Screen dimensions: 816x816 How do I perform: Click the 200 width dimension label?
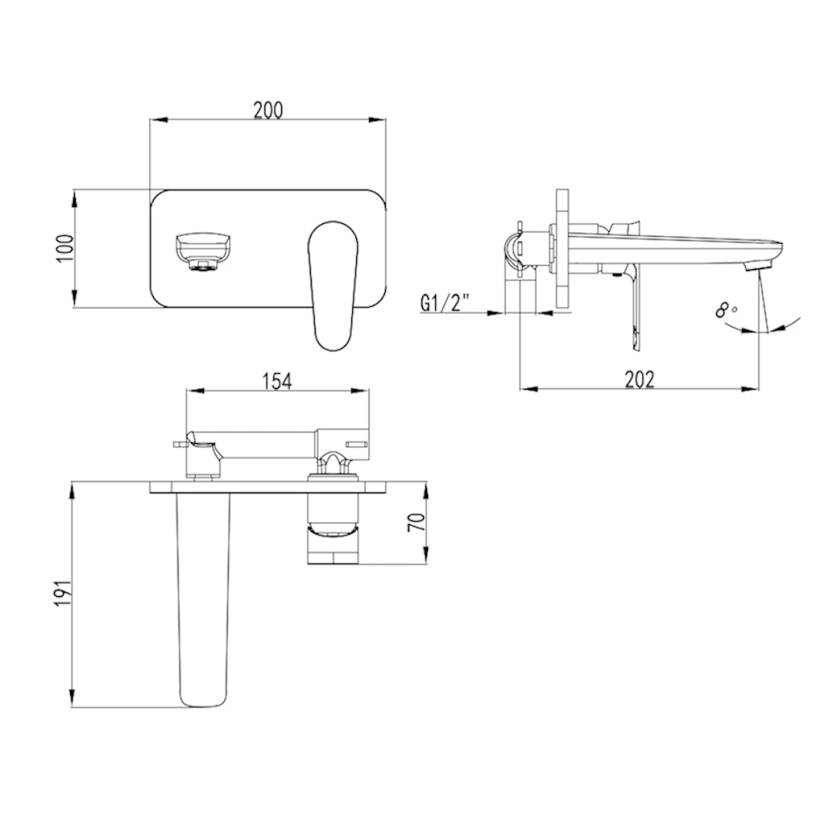269,110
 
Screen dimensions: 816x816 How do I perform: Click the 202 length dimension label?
638,379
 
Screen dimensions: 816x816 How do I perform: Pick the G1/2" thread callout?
445,303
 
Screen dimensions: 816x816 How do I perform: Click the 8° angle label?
726,309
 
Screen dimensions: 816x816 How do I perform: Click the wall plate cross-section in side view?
563,249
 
